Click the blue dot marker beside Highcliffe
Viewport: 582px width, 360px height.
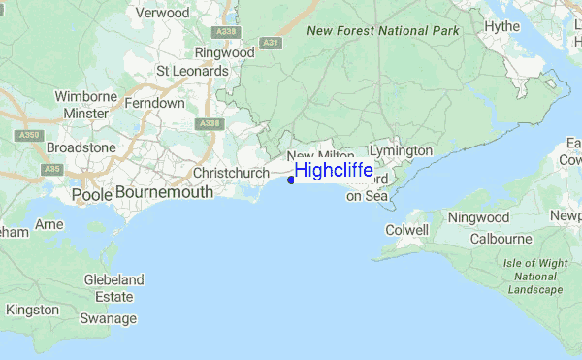pyautogui.click(x=292, y=179)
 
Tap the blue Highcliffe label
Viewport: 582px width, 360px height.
pyautogui.click(x=334, y=170)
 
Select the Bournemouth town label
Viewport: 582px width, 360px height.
pyautogui.click(x=164, y=193)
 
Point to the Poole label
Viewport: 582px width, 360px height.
pyautogui.click(x=92, y=194)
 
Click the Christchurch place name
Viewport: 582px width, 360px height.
pyautogui.click(x=231, y=173)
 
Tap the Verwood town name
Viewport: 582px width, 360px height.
pyautogui.click(x=163, y=14)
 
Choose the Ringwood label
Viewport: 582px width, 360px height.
pyautogui.click(x=224, y=52)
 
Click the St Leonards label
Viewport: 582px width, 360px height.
pyautogui.click(x=193, y=71)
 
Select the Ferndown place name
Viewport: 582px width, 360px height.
pyautogui.click(x=155, y=102)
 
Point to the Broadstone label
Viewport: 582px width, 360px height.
pyautogui.click(x=81, y=147)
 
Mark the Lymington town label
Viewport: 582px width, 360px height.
pyautogui.click(x=401, y=151)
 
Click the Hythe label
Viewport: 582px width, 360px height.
pyautogui.click(x=502, y=26)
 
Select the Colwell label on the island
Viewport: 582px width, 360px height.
pyautogui.click(x=406, y=230)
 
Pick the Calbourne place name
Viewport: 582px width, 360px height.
pyautogui.click(x=501, y=239)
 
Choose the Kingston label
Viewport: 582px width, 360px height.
pyautogui.click(x=32, y=310)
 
